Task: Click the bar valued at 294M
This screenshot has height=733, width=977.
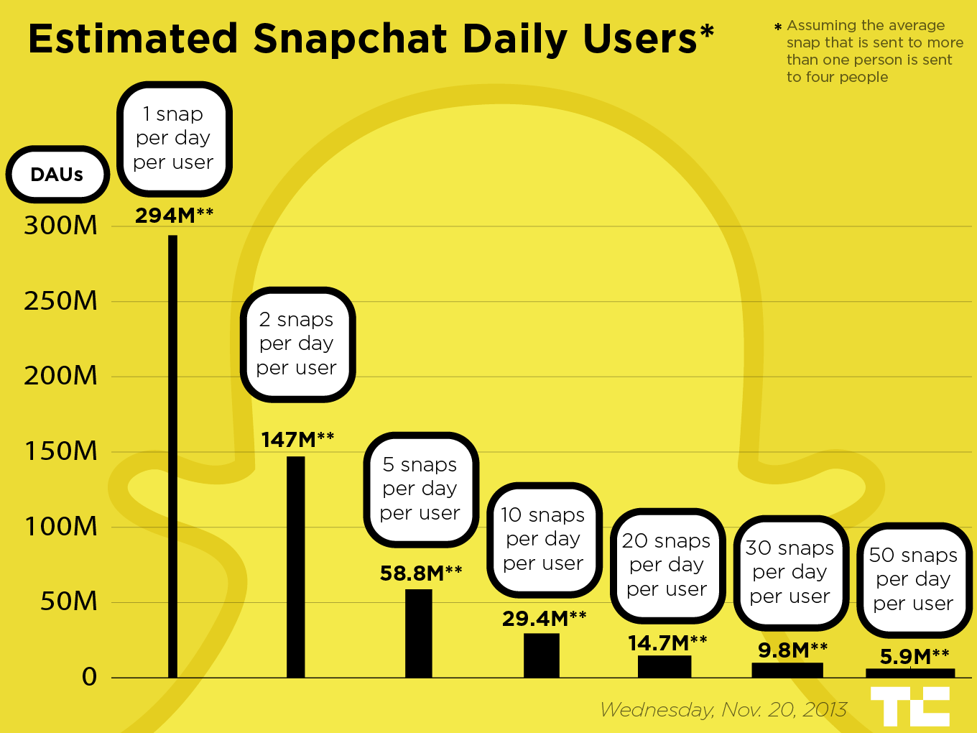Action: (x=172, y=456)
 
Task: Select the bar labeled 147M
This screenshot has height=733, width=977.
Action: (x=295, y=567)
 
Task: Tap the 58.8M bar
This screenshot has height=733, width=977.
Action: (x=419, y=633)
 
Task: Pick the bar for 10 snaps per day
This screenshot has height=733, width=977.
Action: (x=542, y=655)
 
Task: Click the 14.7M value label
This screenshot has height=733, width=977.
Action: (x=667, y=643)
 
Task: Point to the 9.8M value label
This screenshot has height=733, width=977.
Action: (x=792, y=650)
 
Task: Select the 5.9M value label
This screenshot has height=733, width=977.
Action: (x=914, y=657)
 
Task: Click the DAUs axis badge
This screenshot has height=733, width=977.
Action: (x=57, y=175)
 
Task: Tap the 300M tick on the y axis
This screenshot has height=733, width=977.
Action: (x=60, y=226)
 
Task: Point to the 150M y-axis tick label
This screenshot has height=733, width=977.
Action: (x=60, y=451)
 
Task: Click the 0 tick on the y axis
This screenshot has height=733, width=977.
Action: (x=89, y=677)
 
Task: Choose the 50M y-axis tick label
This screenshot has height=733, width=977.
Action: (x=68, y=601)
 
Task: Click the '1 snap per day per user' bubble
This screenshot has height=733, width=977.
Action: (x=174, y=138)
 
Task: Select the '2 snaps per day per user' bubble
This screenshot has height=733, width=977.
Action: (x=297, y=344)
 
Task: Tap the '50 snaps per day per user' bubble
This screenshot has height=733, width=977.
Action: (x=914, y=579)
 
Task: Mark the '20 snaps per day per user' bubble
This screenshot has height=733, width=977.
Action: (x=667, y=565)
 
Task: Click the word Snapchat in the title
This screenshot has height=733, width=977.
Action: (x=351, y=39)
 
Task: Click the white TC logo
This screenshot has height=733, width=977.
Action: (x=909, y=706)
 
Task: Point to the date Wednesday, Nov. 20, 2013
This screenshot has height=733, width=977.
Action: (x=723, y=710)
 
